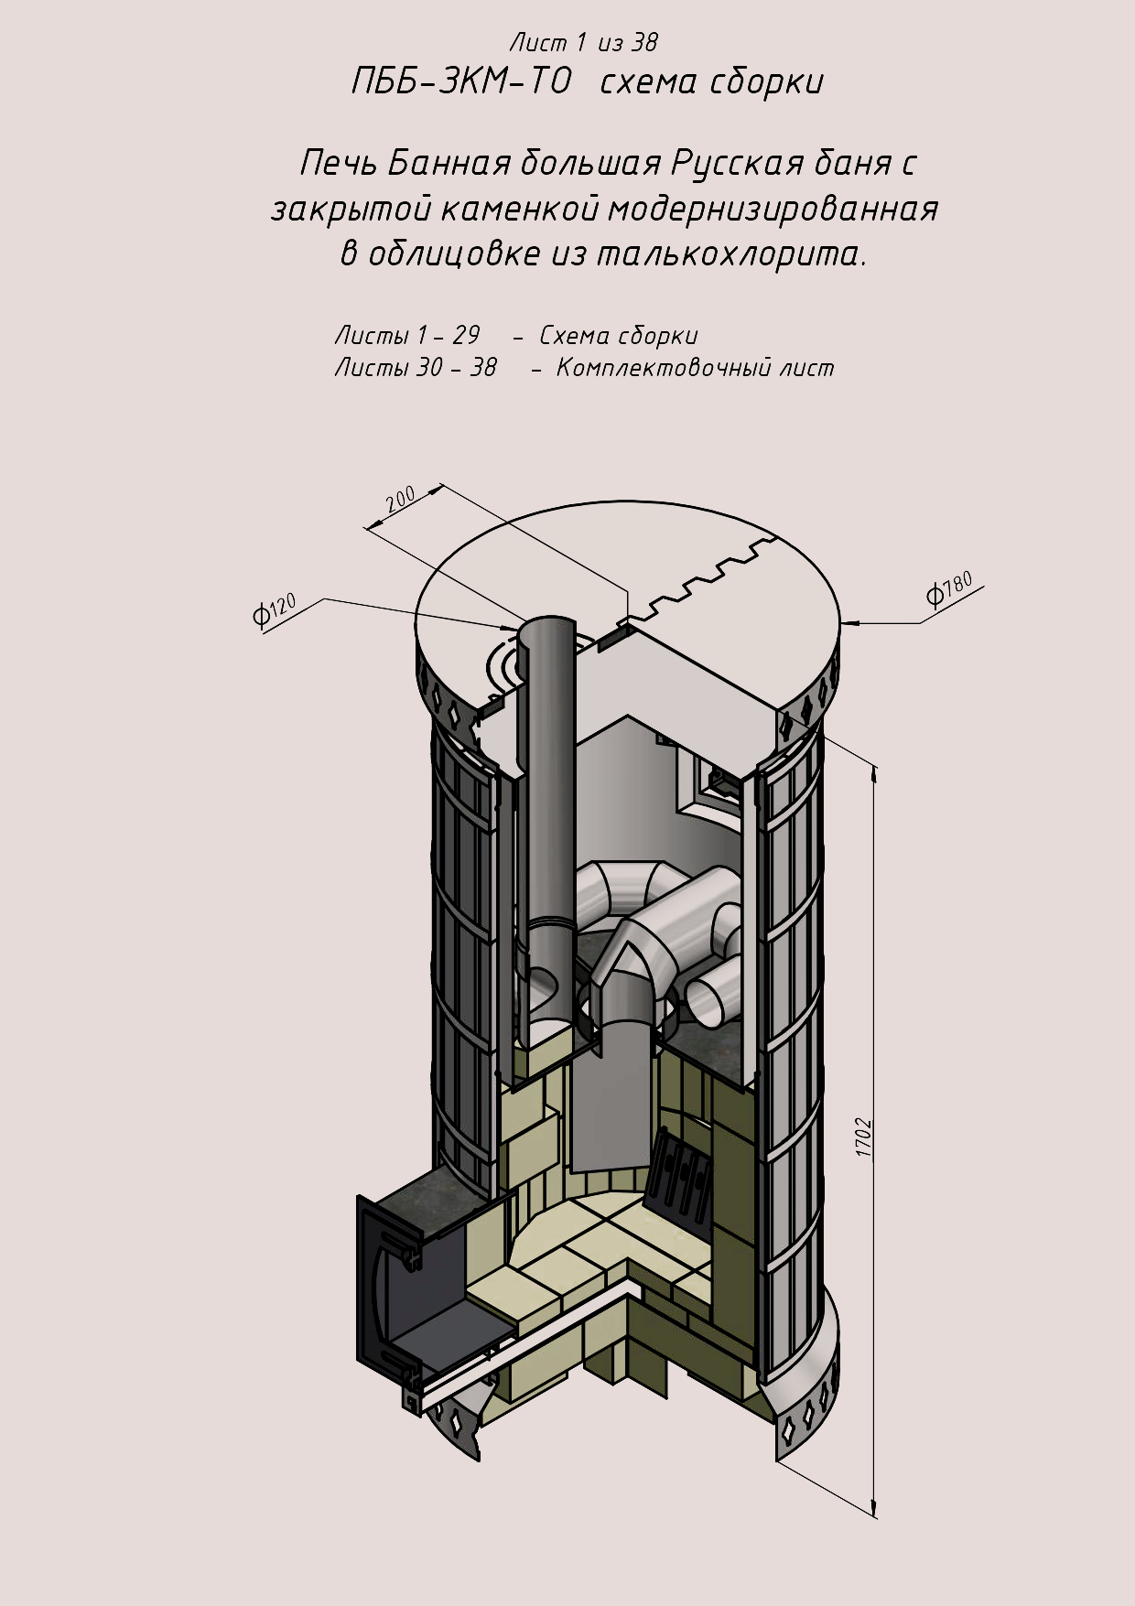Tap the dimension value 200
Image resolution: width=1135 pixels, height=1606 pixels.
(400, 501)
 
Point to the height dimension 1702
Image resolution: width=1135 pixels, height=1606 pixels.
(863, 1137)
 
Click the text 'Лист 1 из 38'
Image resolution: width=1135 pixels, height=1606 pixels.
(583, 42)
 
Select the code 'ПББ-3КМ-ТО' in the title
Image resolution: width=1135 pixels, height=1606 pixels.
(461, 82)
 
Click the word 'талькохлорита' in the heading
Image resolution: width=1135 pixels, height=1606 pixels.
(730, 253)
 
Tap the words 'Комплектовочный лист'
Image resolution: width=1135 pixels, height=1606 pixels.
(695, 368)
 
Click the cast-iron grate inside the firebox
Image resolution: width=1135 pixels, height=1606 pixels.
(679, 1176)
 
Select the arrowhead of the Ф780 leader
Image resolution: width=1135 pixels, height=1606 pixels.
(848, 624)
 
